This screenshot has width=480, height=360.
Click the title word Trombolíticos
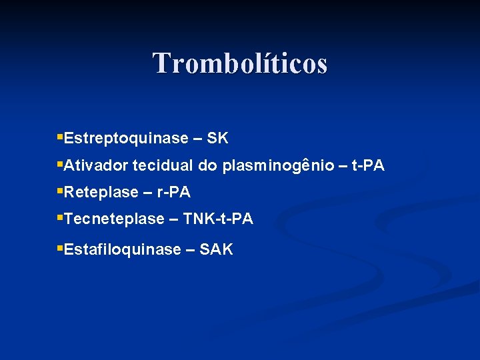point(240,63)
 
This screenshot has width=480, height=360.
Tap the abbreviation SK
point(218,139)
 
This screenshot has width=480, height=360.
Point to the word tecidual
point(163,165)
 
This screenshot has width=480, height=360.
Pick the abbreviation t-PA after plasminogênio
point(367,165)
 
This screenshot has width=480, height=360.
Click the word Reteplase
point(101,193)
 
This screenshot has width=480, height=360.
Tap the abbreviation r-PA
point(173,193)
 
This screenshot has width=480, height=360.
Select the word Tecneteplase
point(114,219)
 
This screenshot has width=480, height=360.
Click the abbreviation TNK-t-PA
point(218,219)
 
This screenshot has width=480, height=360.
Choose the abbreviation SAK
point(216,250)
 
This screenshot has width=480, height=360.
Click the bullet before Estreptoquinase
point(60,137)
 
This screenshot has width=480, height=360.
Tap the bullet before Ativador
point(60,164)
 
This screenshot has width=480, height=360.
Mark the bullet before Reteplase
point(60,191)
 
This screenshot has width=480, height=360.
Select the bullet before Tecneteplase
point(60,217)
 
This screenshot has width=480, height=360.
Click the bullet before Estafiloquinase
point(60,249)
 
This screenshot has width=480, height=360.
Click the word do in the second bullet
point(207,165)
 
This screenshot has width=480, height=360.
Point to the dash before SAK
point(190,251)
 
